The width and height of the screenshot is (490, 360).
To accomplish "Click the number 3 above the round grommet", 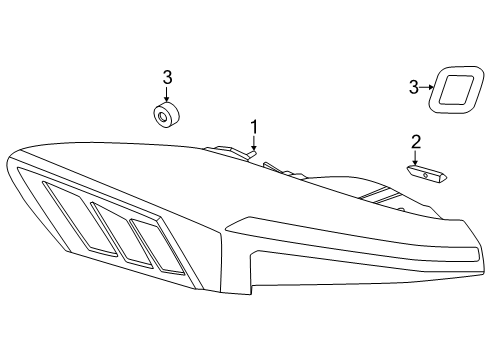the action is click(167, 77).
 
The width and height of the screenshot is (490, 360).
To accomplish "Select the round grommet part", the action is click(166, 116).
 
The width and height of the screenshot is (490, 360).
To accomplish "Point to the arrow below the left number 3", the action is click(167, 93).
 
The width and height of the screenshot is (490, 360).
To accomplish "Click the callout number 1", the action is click(254, 127).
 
